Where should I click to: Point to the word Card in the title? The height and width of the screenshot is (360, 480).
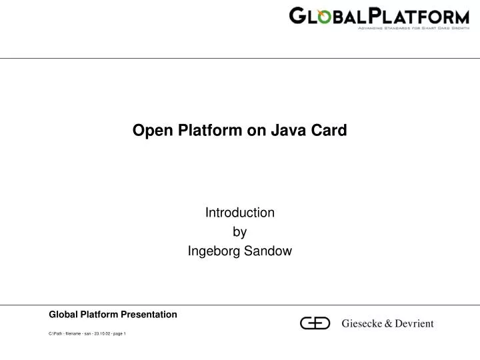pos(330,131)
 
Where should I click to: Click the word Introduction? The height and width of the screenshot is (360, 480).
pos(239,213)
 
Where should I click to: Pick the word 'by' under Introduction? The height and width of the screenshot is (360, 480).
pos(239,232)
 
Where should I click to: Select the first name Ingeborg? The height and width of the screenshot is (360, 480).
pos(213,251)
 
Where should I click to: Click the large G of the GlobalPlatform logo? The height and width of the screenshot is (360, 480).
pos(299,15)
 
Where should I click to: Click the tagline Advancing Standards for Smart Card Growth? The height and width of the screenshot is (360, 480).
pos(413,29)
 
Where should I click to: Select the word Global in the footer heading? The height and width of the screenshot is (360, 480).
pos(65,314)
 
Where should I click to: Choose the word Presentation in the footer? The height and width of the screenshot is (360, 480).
pos(147,314)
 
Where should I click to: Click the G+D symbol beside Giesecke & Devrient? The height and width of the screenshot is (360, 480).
pos(315,323)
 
